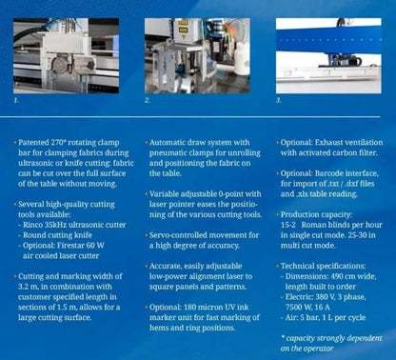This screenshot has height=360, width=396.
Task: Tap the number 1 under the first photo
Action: [16, 98]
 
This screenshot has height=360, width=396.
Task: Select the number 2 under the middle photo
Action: [148, 99]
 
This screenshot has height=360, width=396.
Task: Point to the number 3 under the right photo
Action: [278, 99]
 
